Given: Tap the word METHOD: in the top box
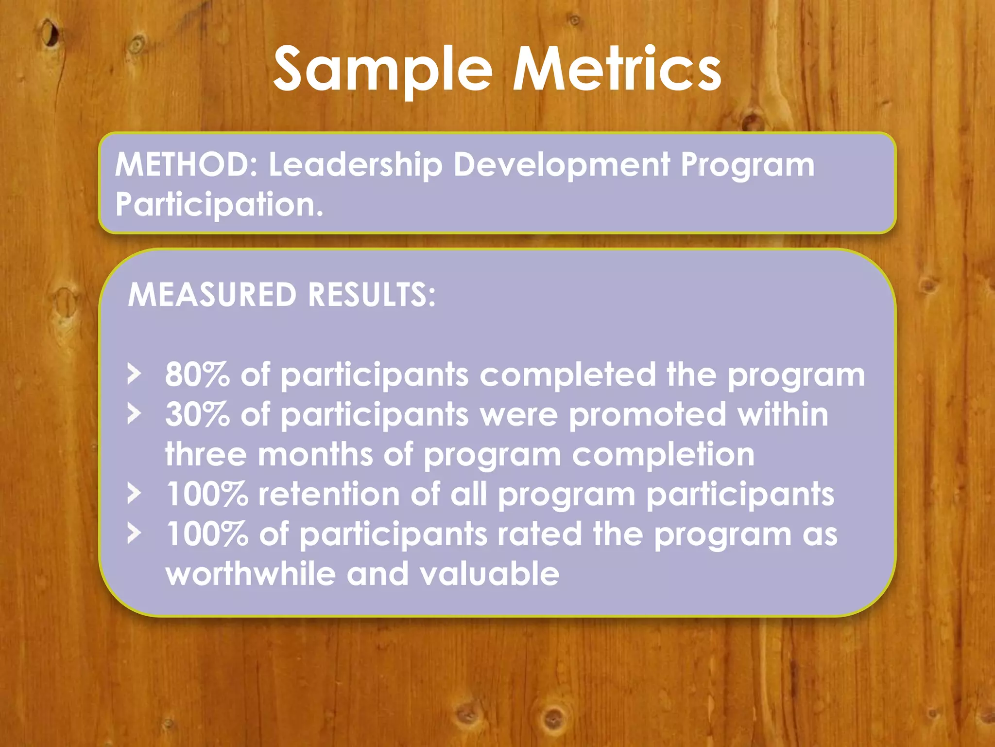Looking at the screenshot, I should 187,164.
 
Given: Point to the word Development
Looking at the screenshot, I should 562,165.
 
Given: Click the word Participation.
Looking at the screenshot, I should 219,204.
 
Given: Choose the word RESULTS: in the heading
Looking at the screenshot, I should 372,295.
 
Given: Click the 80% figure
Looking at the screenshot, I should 197,374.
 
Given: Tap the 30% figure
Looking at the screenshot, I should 197,414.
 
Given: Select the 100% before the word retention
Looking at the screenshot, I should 207,494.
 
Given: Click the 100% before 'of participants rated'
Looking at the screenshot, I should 207,534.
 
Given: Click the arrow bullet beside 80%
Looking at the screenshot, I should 134,374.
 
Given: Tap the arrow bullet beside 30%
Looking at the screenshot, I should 134,414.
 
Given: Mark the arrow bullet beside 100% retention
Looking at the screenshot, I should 134,494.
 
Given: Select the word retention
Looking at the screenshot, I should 329,494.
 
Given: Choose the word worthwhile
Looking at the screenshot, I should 251,574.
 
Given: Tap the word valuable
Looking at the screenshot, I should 489,574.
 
